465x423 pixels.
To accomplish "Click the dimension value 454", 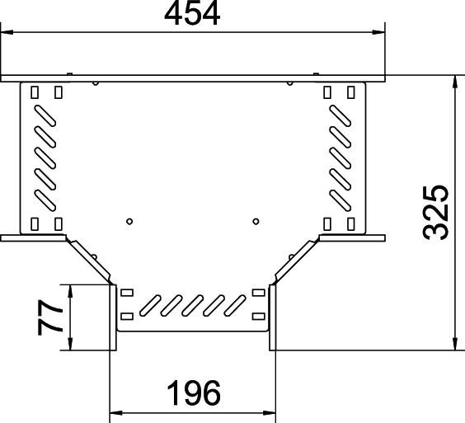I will pos(192,15).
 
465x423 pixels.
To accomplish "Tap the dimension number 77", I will pos(52,317).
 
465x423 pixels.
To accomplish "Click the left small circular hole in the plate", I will pos(129,221).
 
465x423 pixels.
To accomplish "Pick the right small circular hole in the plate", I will pos(256,221).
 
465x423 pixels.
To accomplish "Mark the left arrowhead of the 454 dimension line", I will pos(7,33).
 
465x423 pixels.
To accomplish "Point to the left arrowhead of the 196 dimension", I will pos(116,410).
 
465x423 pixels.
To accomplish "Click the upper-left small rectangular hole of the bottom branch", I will pos(127,293).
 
